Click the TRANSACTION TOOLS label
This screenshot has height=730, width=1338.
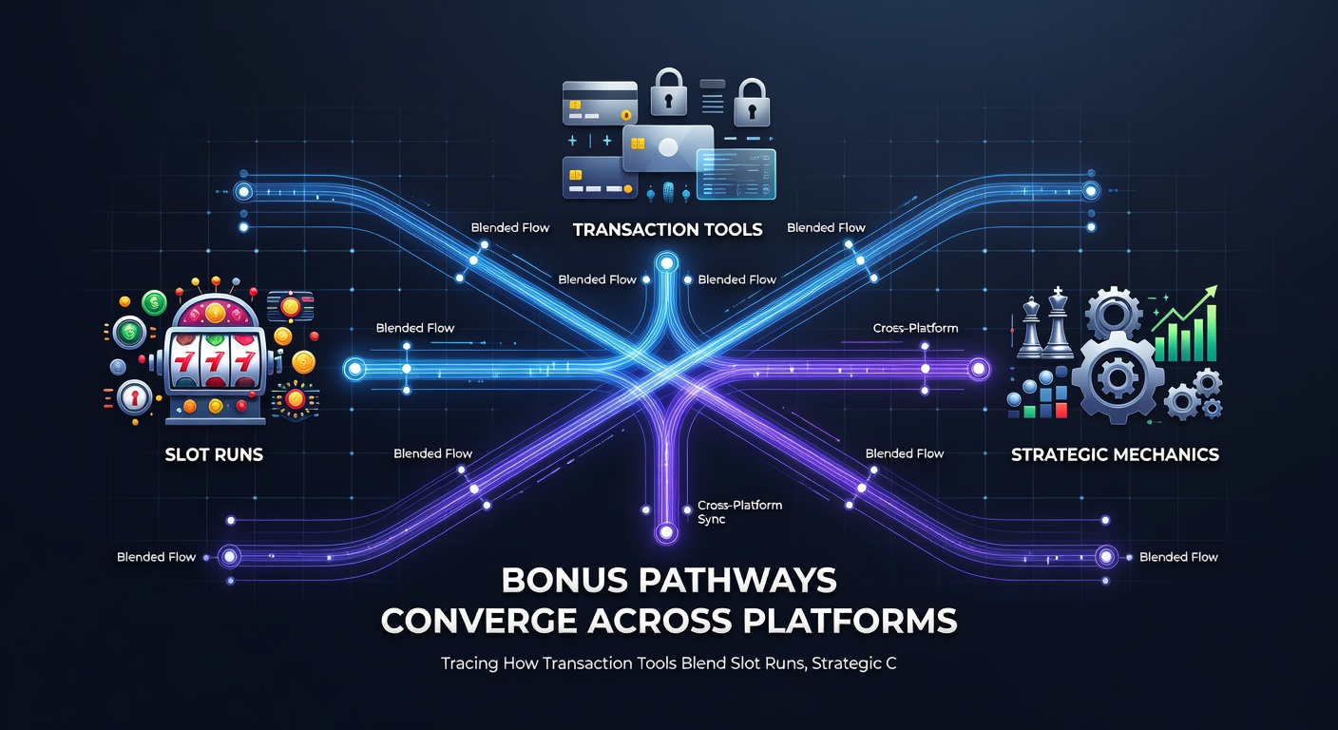click(x=667, y=229)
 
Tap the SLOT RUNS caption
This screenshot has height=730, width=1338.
click(x=214, y=454)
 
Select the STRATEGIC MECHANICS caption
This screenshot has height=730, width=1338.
click(x=1115, y=454)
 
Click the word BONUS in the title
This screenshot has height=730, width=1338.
click(x=564, y=580)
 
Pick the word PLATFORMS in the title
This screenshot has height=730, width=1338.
click(x=850, y=622)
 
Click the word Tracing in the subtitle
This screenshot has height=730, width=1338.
click(x=469, y=663)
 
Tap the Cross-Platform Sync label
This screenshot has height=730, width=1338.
click(x=739, y=512)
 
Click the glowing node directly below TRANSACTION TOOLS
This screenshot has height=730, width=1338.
click(x=666, y=263)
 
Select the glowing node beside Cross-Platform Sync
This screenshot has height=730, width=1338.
click(x=666, y=531)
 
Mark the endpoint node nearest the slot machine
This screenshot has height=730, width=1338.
click(x=354, y=369)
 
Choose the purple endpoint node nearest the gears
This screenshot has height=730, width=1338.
click(x=979, y=369)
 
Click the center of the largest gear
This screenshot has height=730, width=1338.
click(x=1118, y=377)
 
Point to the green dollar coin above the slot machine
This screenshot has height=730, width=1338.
click(x=154, y=303)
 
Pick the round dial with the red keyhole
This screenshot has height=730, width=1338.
click(x=134, y=397)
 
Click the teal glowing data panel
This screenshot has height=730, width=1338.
click(x=736, y=174)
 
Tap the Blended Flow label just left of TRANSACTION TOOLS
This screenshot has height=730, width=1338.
click(x=510, y=227)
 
